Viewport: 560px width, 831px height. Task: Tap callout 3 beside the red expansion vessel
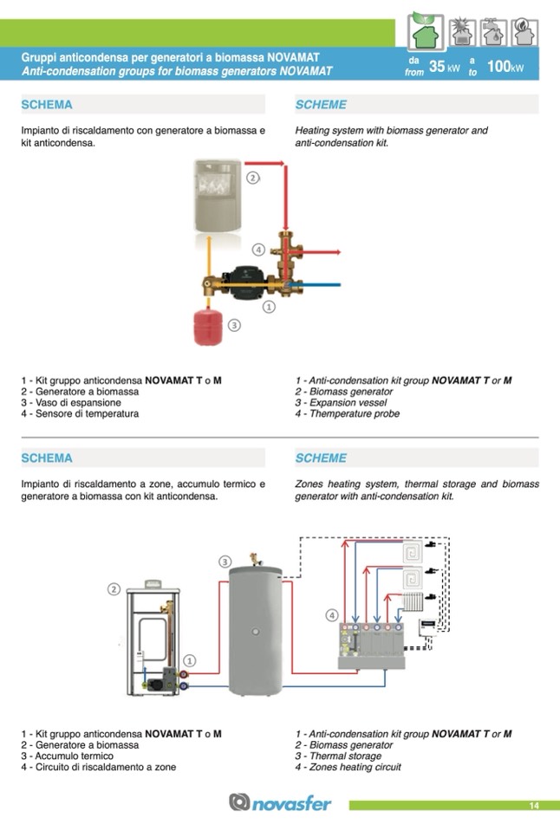tap(234, 325)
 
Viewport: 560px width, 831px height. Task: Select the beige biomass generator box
tap(216, 196)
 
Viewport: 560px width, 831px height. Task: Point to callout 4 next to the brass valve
tap(258, 250)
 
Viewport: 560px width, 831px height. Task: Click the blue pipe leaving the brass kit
tap(325, 283)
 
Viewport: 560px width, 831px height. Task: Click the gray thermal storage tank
tap(255, 628)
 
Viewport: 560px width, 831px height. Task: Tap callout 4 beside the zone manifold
tap(331, 615)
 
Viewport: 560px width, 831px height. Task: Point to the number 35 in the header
tap(438, 67)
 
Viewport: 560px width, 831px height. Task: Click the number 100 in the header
tap(498, 67)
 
